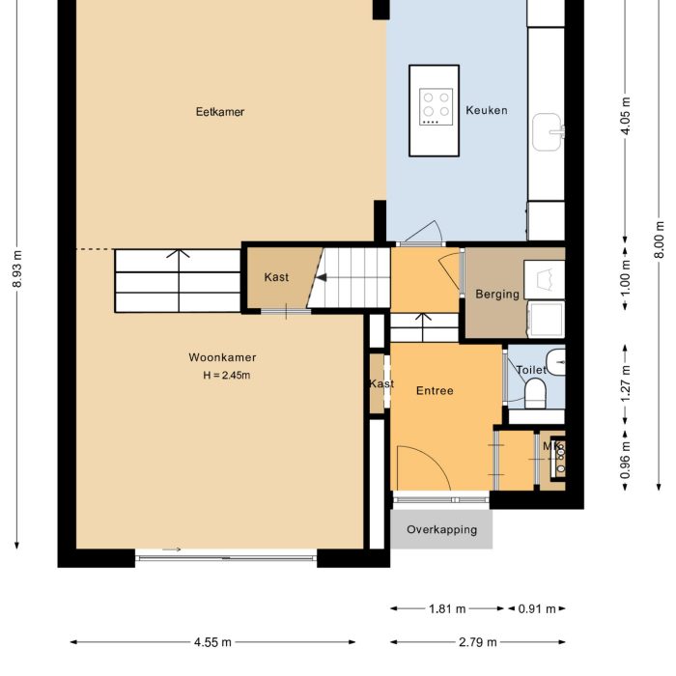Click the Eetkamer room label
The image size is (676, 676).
(x=220, y=112)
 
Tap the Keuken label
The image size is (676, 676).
(x=487, y=110)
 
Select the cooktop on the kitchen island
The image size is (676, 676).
(x=436, y=106)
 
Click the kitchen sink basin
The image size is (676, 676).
(x=548, y=132)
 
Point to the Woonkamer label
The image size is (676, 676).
(x=222, y=357)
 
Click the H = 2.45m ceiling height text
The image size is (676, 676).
(x=227, y=375)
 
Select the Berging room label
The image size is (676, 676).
(x=497, y=294)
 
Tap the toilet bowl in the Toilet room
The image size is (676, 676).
(x=535, y=393)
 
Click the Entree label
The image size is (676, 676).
(x=435, y=390)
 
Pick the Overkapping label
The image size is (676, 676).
(x=442, y=529)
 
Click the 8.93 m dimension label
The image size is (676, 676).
(x=17, y=268)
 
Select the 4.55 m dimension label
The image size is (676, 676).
(x=212, y=642)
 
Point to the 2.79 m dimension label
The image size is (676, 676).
(x=478, y=642)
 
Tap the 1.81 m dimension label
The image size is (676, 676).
(x=447, y=608)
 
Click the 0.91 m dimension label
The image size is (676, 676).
(x=537, y=608)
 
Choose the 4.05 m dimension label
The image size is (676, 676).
(x=626, y=116)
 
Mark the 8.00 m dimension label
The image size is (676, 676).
(x=659, y=239)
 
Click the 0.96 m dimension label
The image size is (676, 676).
(x=626, y=460)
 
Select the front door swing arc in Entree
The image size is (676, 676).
(x=434, y=459)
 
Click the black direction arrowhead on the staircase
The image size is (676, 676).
(x=322, y=278)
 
